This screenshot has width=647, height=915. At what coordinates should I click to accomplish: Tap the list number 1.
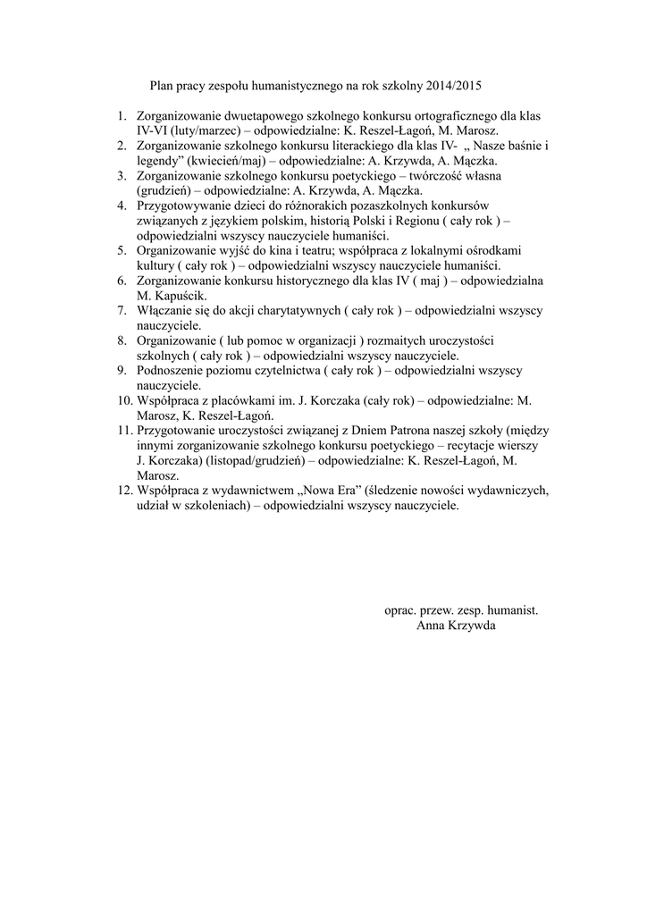(122, 116)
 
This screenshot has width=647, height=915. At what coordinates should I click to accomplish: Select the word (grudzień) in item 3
(164, 190)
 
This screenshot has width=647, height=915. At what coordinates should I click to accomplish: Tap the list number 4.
(122, 206)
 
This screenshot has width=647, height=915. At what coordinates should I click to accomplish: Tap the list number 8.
(122, 340)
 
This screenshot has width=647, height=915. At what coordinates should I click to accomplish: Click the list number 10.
(124, 400)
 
